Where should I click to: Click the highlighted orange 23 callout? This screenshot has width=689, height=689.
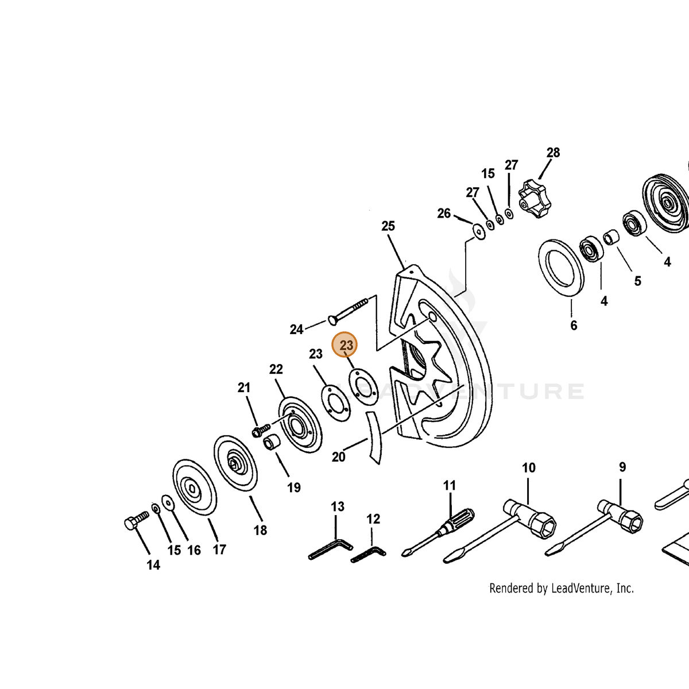tap(344, 344)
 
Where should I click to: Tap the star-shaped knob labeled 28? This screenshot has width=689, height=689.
tap(534, 196)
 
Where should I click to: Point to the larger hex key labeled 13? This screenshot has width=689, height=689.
tap(330, 549)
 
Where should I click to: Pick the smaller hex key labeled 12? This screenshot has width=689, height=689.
tap(368, 555)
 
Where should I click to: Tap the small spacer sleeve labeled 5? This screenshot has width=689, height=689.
tap(611, 237)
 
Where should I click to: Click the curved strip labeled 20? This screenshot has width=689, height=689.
tap(373, 438)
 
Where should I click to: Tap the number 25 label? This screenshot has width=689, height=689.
tap(388, 226)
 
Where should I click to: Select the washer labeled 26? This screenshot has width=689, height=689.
tap(479, 232)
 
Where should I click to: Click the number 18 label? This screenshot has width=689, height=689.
tap(260, 531)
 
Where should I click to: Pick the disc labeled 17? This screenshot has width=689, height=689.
tap(195, 487)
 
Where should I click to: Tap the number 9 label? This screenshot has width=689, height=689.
tap(622, 467)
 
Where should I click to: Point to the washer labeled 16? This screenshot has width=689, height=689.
tap(167, 502)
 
